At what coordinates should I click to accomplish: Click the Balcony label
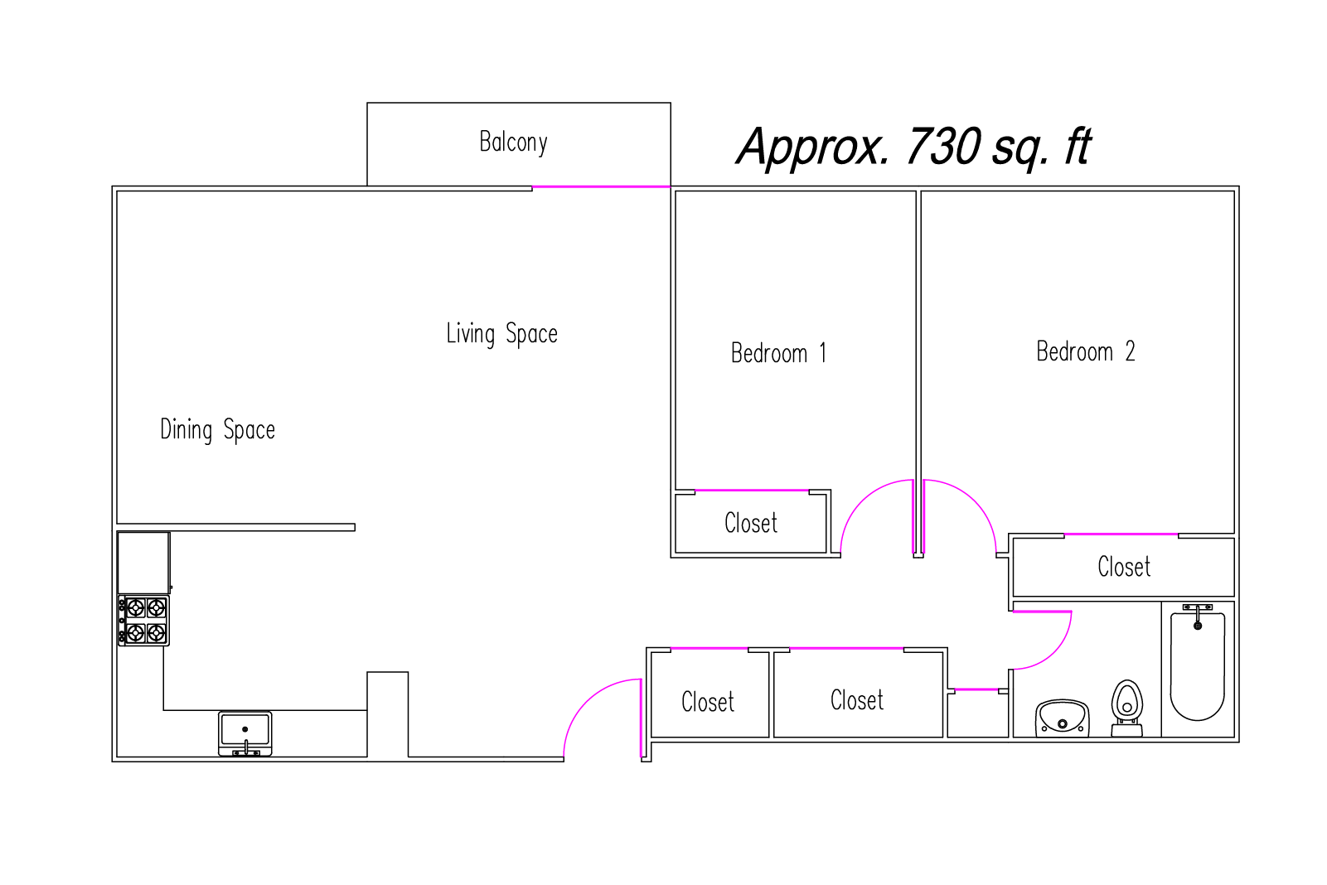(x=514, y=143)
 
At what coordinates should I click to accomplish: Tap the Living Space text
(x=501, y=334)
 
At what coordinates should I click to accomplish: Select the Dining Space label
(x=217, y=430)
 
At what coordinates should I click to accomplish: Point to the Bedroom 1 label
(x=778, y=353)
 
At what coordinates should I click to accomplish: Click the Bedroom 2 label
(x=1085, y=351)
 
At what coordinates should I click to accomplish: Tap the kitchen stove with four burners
(x=144, y=620)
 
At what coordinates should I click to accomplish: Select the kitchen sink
(x=245, y=734)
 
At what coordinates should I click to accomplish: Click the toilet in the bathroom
(x=1126, y=708)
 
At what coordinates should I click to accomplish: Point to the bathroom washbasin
(x=1063, y=718)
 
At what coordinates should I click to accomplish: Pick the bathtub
(x=1197, y=664)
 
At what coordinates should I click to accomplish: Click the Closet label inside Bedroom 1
(x=751, y=523)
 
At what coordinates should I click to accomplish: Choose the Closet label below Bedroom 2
(x=1124, y=567)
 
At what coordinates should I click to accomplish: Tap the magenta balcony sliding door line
(x=601, y=186)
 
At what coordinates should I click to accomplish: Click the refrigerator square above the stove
(x=144, y=563)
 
